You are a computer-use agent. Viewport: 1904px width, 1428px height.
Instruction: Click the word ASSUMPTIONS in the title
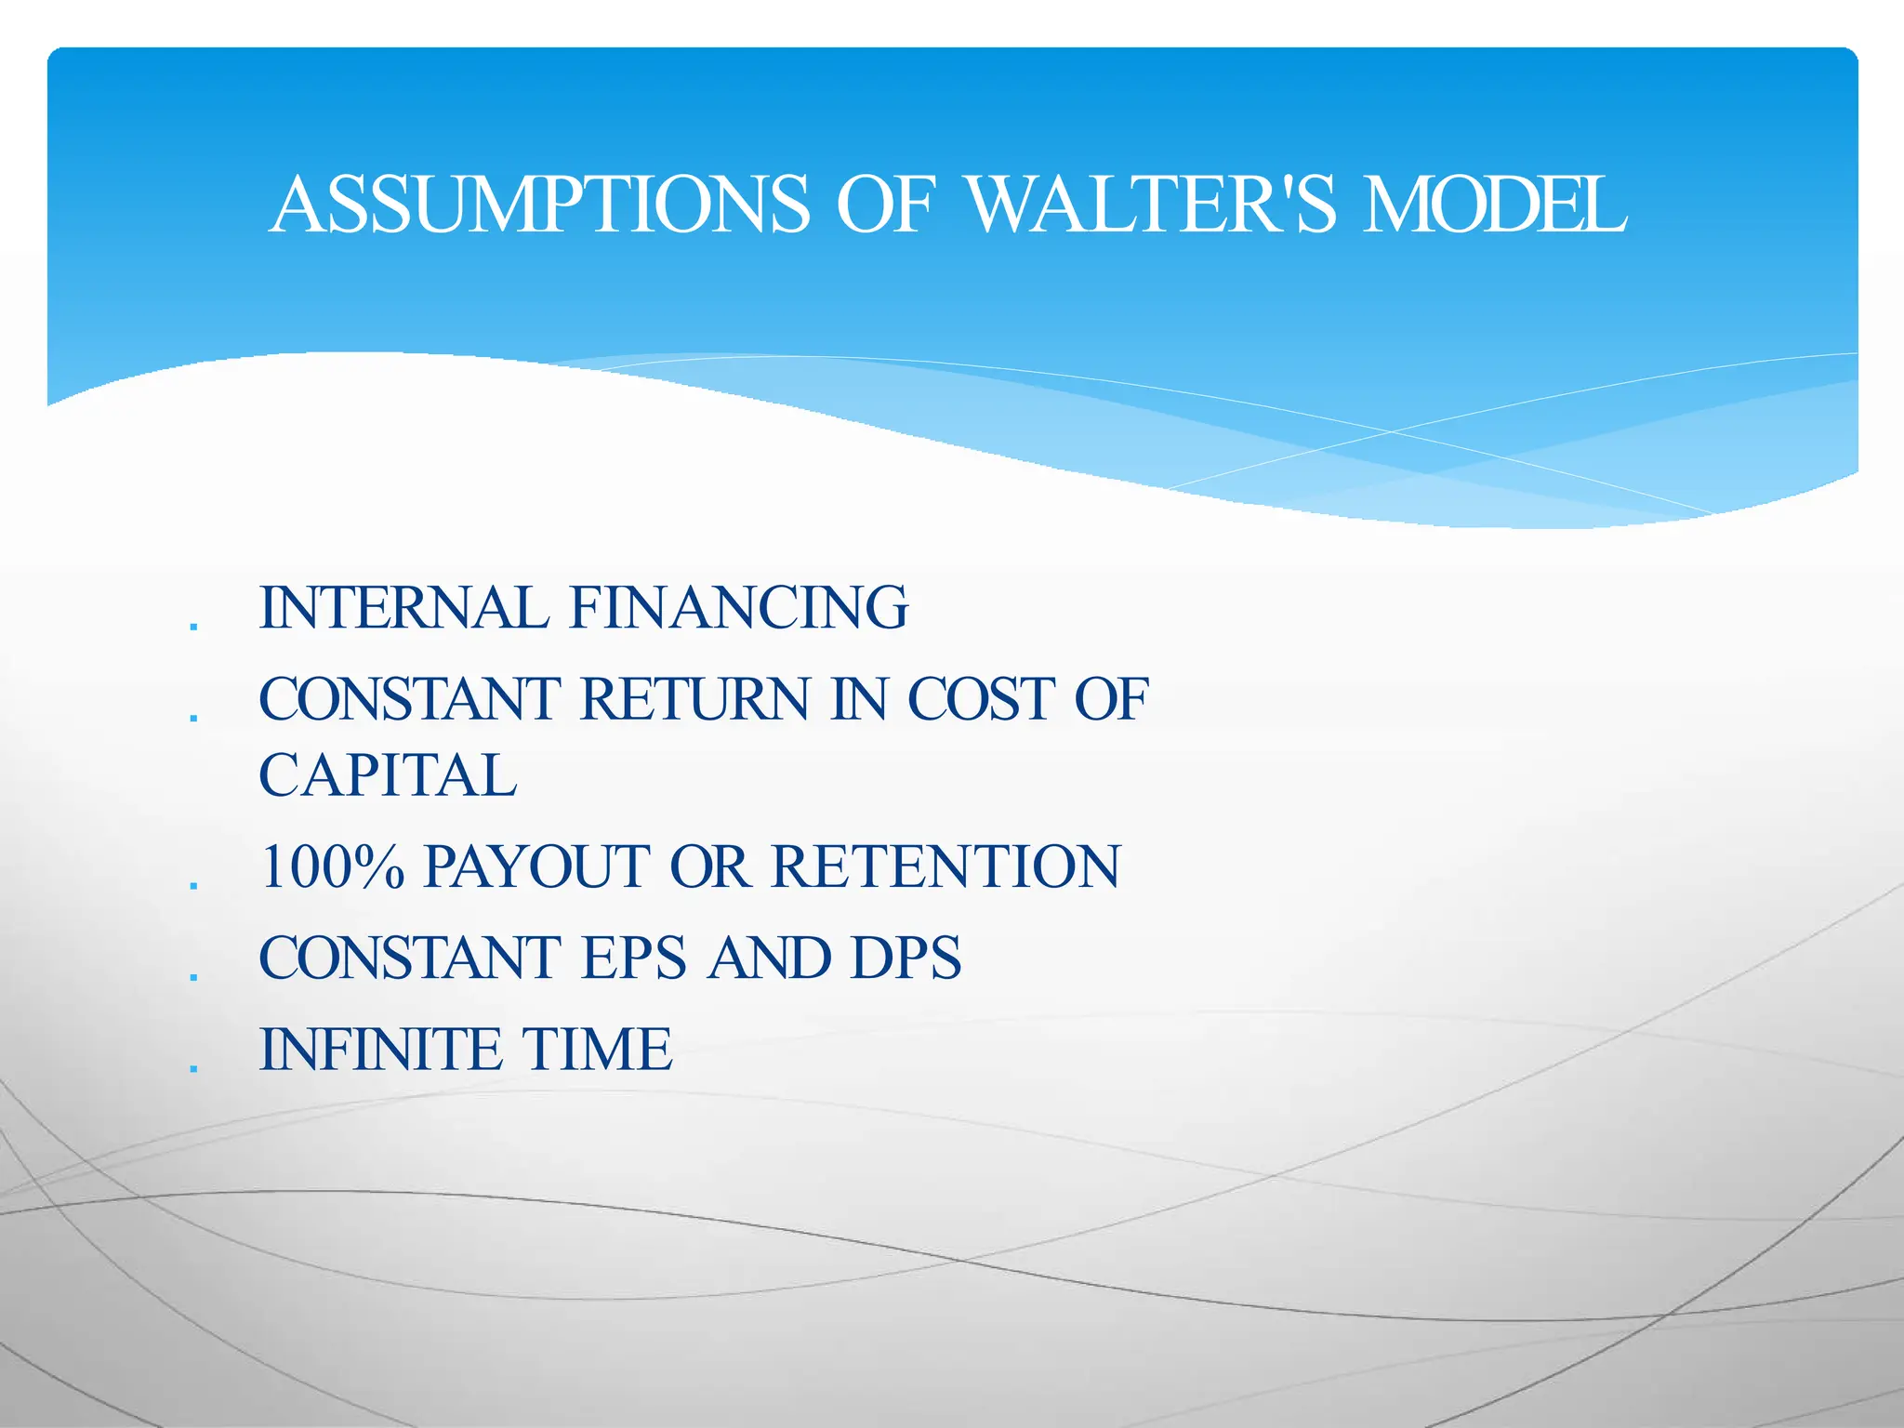pos(540,205)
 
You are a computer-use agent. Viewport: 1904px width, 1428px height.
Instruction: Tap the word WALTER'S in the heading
pos(1152,205)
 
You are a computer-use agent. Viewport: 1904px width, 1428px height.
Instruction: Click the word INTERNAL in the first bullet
pos(403,607)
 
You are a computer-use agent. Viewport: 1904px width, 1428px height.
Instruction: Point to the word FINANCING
pos(739,607)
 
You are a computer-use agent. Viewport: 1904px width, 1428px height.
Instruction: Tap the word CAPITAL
pos(388,775)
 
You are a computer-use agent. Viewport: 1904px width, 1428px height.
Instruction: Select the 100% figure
pos(332,866)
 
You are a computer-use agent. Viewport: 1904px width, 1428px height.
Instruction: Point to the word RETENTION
pos(945,866)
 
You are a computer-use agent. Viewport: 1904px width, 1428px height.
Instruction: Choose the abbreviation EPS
pos(634,958)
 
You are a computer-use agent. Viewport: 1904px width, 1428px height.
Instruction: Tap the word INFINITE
pos(380,1050)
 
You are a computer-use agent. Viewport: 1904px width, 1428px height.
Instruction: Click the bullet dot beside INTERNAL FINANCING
pos(193,627)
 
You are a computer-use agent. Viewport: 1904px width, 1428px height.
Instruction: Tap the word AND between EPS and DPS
pos(768,958)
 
